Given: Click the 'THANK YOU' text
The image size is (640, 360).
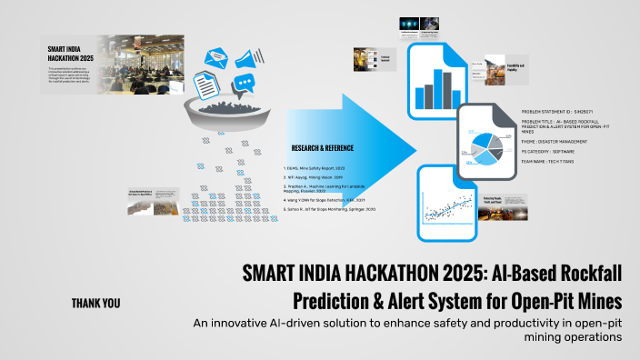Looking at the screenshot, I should click(95, 303).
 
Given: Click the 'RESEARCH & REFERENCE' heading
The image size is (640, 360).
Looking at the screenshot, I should click(323, 148).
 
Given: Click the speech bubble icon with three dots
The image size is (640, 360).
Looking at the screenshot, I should click(244, 85).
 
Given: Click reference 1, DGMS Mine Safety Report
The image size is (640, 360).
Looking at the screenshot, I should click(315, 168).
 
